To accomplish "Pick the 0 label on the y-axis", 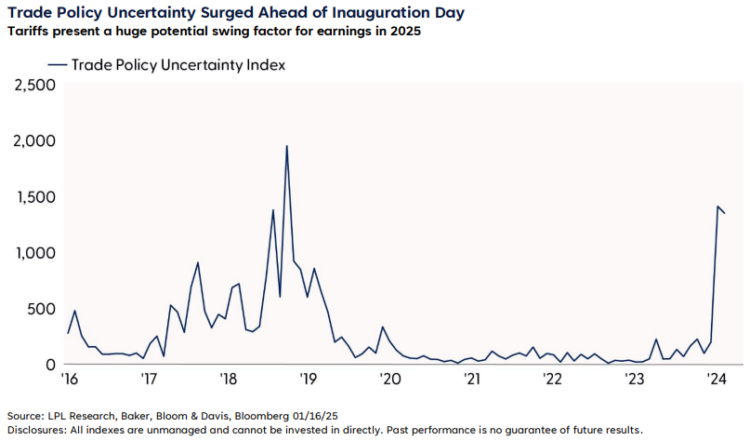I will [x=51, y=365].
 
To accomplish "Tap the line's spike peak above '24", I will [x=718, y=207].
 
